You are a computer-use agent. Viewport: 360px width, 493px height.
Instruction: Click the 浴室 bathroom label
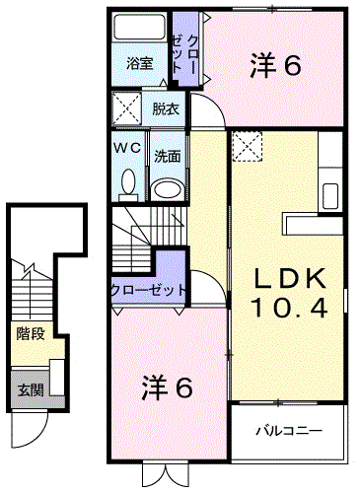(140, 63)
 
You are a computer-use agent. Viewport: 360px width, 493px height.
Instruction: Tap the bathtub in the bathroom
(139, 27)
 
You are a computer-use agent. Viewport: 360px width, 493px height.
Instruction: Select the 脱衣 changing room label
(166, 109)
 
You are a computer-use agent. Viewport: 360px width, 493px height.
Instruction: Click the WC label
(127, 148)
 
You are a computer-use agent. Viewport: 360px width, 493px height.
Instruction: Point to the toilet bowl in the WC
(128, 184)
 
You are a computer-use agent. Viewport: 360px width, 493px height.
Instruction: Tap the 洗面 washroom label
(168, 157)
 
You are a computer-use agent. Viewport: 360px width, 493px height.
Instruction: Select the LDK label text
(289, 278)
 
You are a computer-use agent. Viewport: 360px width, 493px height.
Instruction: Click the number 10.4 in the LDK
(290, 309)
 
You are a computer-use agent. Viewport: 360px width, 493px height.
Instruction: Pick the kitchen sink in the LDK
(330, 196)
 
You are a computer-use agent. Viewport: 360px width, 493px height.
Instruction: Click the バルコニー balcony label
(289, 431)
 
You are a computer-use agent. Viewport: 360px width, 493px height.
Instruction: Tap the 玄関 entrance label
(31, 390)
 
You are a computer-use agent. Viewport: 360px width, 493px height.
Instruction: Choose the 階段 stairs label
(31, 334)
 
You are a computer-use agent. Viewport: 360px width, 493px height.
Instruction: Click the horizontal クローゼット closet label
(149, 290)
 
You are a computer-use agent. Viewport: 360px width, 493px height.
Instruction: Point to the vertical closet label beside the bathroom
(185, 54)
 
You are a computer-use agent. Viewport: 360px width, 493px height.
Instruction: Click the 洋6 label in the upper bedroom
(275, 65)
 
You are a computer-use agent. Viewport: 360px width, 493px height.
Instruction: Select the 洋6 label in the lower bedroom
(167, 387)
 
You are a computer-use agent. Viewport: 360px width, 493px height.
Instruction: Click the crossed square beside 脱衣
(127, 108)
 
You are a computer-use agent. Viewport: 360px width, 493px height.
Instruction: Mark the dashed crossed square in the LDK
(248, 147)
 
